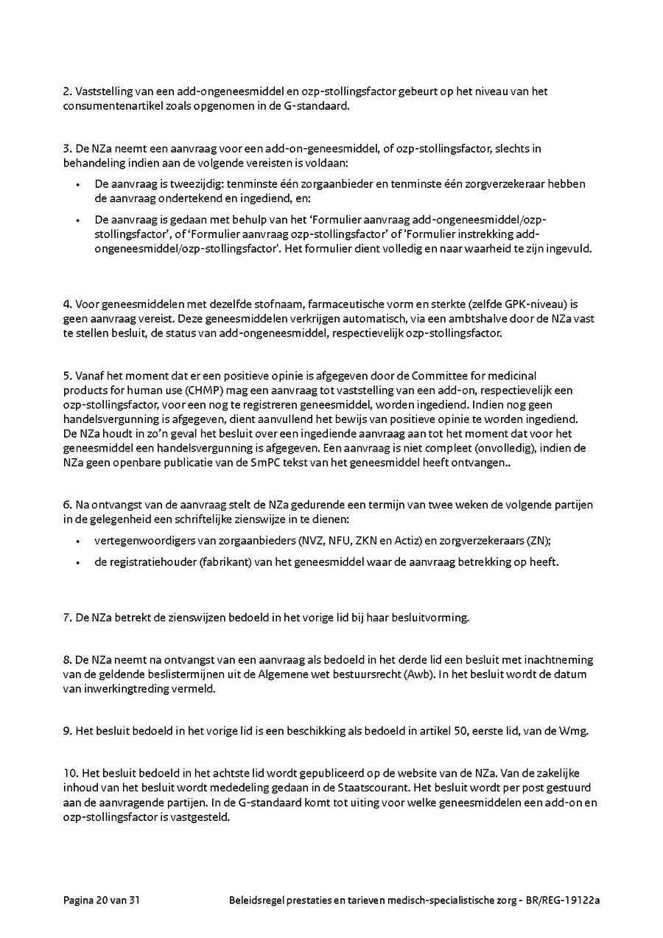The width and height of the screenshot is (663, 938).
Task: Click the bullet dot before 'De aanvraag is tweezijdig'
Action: coord(77,184)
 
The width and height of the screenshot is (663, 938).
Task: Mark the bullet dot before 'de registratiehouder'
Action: coord(77,562)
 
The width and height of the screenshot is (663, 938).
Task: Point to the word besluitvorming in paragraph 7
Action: coord(432,617)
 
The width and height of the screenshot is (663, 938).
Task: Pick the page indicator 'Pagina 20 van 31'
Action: coord(102,900)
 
